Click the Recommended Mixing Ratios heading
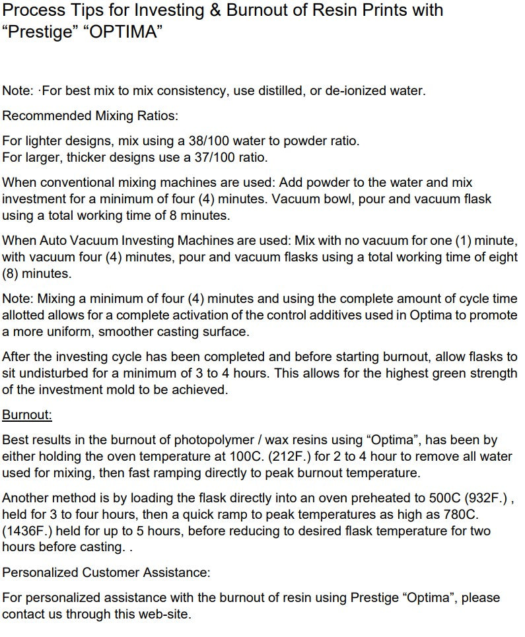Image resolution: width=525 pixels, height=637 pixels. pos(90,116)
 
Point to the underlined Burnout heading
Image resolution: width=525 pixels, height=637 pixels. pos(27,415)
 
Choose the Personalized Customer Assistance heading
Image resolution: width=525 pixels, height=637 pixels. pos(106,572)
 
